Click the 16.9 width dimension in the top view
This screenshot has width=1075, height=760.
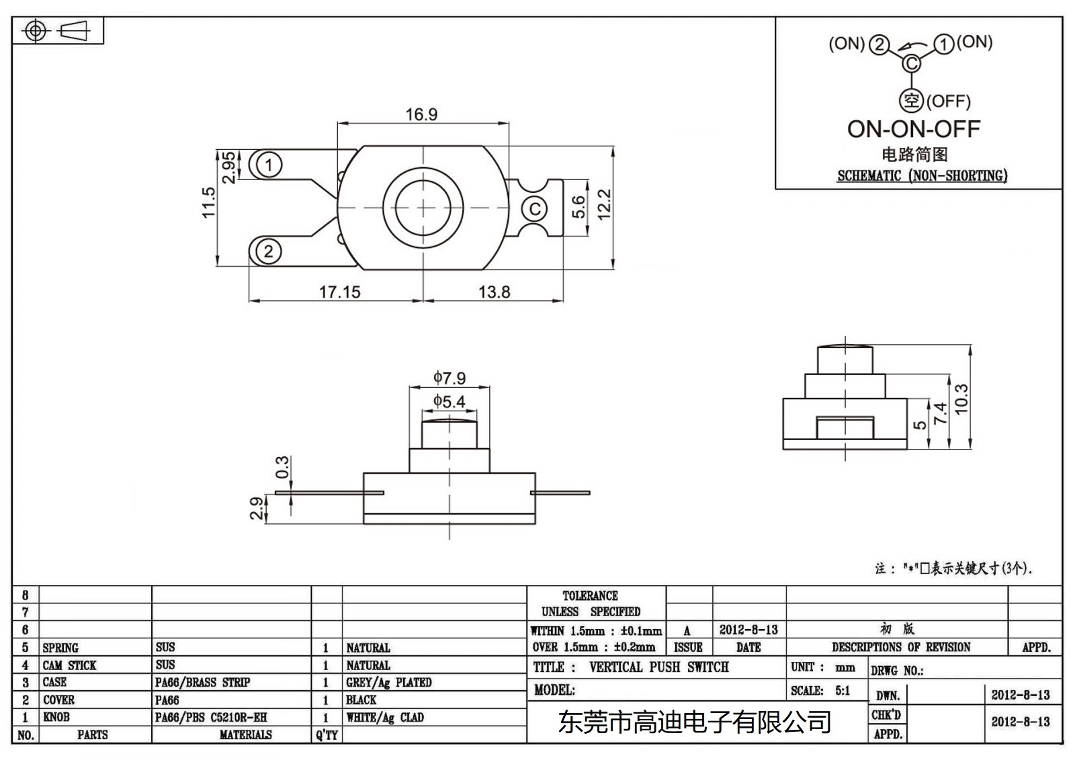click(421, 114)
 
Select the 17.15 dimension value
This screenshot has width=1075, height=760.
click(339, 292)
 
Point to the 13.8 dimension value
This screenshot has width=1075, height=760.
click(494, 292)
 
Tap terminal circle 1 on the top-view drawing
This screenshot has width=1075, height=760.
click(269, 165)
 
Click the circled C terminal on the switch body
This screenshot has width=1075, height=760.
click(535, 208)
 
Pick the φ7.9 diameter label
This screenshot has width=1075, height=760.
click(449, 378)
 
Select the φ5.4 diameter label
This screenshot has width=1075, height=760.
click(449, 402)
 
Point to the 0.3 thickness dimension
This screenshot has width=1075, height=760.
click(282, 466)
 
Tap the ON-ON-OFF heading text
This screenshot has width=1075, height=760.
click(913, 128)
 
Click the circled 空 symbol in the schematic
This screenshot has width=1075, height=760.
click(911, 101)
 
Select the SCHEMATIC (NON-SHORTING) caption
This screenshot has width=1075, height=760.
click(922, 175)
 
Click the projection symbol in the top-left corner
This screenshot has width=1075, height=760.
click(57, 31)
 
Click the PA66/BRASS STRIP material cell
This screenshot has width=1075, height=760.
click(202, 682)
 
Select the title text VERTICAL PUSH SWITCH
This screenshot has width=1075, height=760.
click(658, 667)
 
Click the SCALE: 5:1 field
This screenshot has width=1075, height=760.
click(820, 690)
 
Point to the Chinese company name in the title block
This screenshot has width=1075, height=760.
click(694, 722)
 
